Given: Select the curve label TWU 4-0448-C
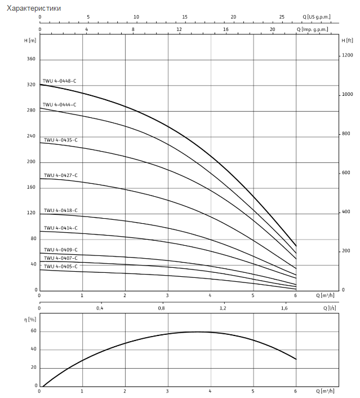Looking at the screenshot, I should [59, 81].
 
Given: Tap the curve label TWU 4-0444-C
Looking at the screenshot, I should [59, 105].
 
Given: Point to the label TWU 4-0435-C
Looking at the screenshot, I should [61, 140].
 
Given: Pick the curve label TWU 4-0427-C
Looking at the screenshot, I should [61, 175].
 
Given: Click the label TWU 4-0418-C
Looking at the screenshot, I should [61, 210].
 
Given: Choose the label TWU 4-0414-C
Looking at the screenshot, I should [61, 228].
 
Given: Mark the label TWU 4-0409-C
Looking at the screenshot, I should [61, 250].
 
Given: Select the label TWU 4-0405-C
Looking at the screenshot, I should [61, 266].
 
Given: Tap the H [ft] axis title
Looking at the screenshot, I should [347, 40].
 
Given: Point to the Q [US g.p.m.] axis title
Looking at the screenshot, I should [317, 17].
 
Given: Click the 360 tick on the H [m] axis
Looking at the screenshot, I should [31, 59].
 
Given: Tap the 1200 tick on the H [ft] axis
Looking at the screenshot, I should [347, 55].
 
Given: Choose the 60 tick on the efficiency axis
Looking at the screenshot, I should [33, 331].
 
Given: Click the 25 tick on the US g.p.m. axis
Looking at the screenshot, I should [297, 17].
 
